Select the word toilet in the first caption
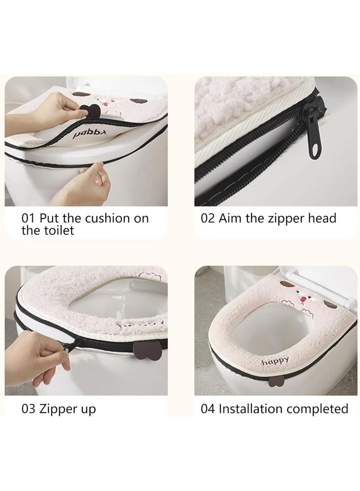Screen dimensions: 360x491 (x=57, y=230)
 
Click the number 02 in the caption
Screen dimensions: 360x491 (x=208, y=218)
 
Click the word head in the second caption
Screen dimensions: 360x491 (x=322, y=218)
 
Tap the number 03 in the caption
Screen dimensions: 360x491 (x=28, y=409)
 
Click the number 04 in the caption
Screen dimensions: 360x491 (x=208, y=409)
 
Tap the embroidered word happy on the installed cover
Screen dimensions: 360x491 (x=275, y=361)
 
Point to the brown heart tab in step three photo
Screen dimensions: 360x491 (x=144, y=352)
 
